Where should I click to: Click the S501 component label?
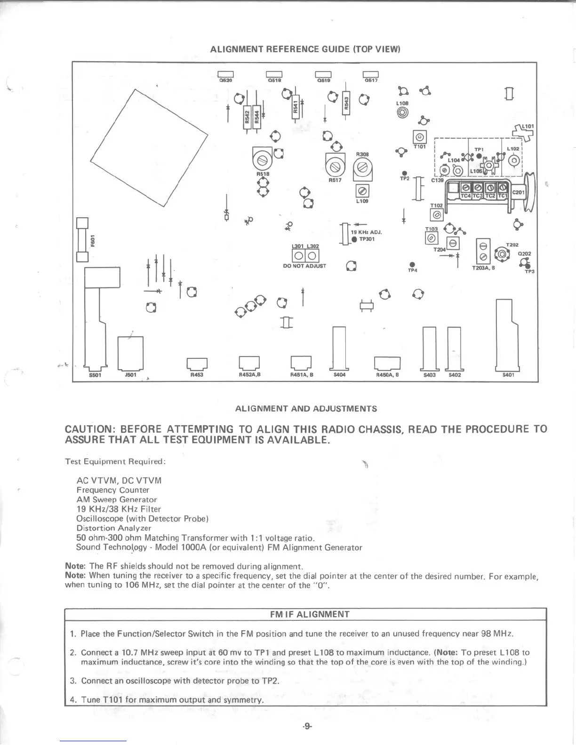pyautogui.click(x=95, y=375)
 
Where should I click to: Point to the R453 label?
pyautogui.click(x=197, y=375)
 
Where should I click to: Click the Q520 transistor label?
pyautogui.click(x=226, y=80)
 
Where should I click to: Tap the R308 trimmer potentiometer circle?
pyautogui.click(x=362, y=166)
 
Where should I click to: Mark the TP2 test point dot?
pyautogui.click(x=404, y=173)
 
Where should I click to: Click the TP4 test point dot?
pyautogui.click(x=412, y=264)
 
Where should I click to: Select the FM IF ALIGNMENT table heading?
pyautogui.click(x=310, y=614)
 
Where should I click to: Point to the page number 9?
pyautogui.click(x=307, y=726)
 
